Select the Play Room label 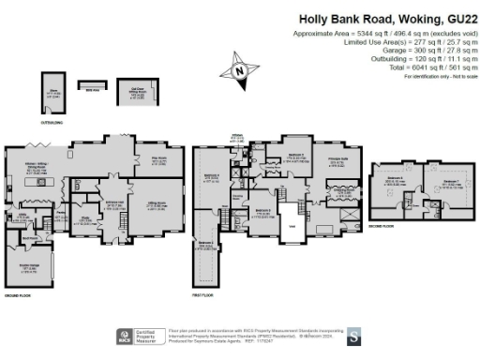click(158, 158)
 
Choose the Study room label click(82, 221)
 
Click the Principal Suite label click(334, 161)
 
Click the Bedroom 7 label click(451, 181)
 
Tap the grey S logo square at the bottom click(352, 334)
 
